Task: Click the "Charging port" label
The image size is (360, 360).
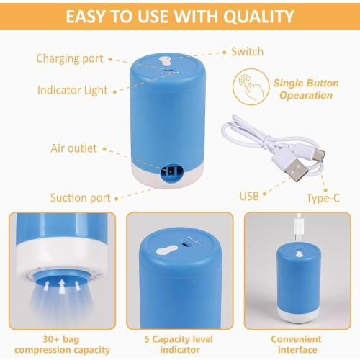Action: (x=69, y=58)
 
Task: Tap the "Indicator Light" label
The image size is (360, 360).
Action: (x=72, y=90)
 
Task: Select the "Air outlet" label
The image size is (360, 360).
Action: (x=74, y=149)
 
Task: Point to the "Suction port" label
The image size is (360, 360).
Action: (x=80, y=197)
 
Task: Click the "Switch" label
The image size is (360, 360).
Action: (x=247, y=52)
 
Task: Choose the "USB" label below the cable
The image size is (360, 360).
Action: (x=249, y=196)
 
